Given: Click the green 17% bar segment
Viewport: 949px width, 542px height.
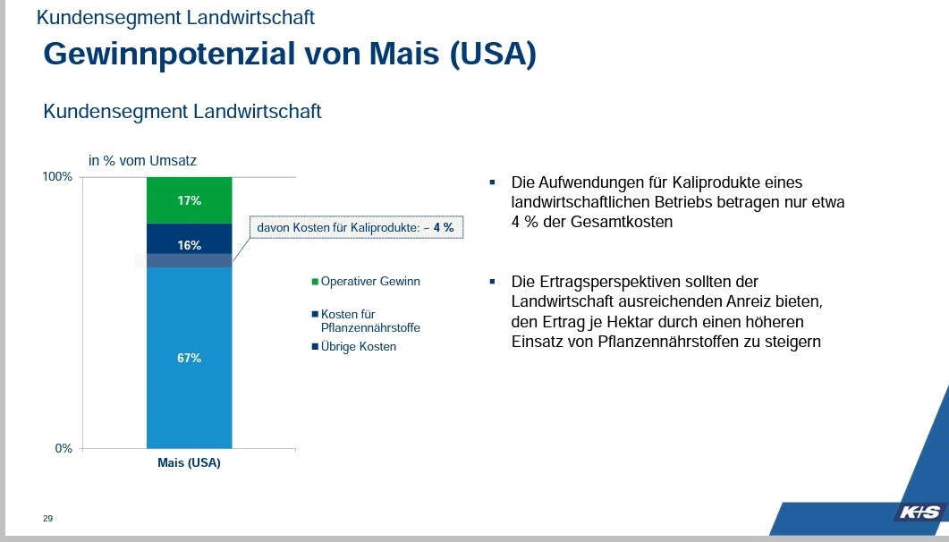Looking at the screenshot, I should [189, 199].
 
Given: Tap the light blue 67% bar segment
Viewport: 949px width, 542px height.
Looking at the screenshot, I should [189, 358].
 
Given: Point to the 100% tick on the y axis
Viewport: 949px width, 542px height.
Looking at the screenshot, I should [58, 176].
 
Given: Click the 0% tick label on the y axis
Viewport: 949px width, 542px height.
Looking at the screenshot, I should [64, 448].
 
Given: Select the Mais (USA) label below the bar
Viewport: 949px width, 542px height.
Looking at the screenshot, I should [189, 463].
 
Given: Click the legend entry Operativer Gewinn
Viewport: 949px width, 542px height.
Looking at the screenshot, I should [369, 282].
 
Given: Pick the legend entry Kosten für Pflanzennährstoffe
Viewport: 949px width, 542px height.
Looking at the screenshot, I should [369, 321].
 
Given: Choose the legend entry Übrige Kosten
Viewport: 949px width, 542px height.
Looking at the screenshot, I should [358, 346].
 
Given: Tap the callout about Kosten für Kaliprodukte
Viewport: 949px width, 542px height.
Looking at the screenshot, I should [355, 228].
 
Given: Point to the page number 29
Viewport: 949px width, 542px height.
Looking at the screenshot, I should [47, 519].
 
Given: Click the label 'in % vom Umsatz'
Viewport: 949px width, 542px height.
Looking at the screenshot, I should [142, 161].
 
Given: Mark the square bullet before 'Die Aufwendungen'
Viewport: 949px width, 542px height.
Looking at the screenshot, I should [492, 182].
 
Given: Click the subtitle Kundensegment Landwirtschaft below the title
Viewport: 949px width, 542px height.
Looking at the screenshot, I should [182, 112].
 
